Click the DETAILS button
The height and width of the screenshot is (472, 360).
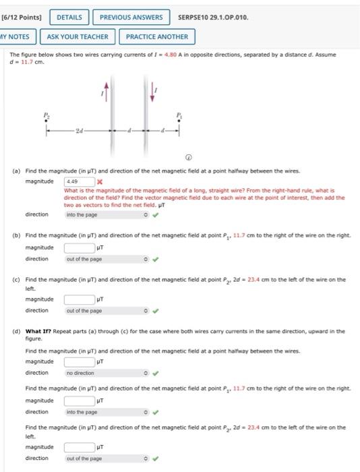click(x=69, y=17)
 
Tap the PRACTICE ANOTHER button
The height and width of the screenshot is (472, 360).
click(x=156, y=36)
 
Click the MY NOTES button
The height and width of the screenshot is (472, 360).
click(x=16, y=36)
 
